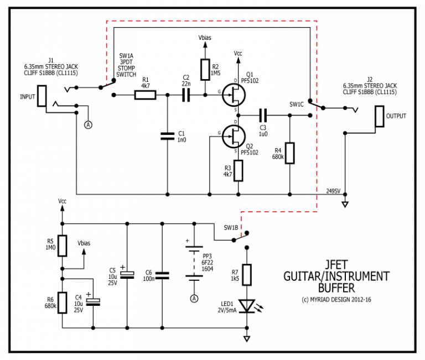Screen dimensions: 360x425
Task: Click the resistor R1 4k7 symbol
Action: (146, 96)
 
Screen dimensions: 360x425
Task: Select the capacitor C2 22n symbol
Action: (185, 96)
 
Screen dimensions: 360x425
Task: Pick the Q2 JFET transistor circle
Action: (234, 135)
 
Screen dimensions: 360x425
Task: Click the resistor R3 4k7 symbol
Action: (239, 171)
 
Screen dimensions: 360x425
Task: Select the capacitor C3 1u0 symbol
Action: (264, 116)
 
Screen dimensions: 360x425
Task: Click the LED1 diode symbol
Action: (247, 306)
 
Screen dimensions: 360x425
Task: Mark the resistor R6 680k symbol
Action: (63, 302)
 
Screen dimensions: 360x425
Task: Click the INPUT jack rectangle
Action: (42, 96)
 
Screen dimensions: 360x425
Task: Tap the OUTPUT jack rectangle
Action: (379, 116)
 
